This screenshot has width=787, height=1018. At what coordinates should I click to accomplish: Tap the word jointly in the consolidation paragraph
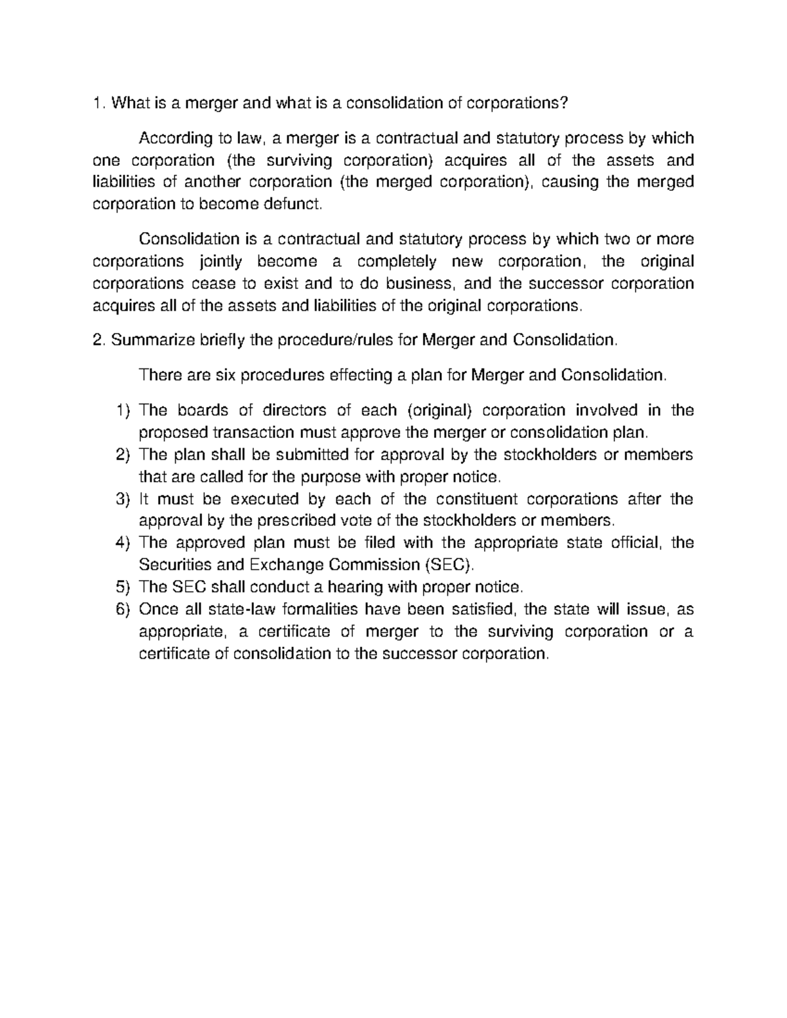point(220,262)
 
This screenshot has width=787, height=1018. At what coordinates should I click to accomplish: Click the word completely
point(397,262)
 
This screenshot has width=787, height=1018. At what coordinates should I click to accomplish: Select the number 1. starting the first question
point(98,103)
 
